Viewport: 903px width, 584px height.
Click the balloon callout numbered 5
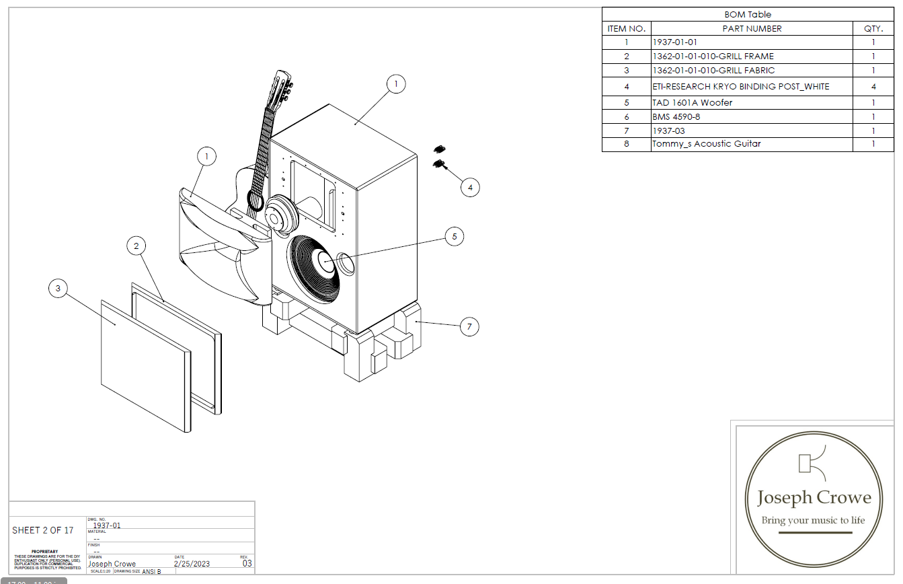[455, 236]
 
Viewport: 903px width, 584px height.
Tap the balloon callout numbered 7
[469, 327]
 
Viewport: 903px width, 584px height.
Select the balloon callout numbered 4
[470, 187]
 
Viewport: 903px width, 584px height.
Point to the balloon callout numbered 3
[58, 289]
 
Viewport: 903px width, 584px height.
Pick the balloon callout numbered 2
[136, 246]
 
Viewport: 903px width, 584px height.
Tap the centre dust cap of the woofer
[325, 262]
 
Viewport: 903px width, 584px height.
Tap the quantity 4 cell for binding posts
[873, 87]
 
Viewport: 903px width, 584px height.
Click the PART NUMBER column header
[752, 29]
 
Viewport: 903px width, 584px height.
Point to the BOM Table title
[748, 14]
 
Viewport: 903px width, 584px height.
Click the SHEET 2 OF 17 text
[43, 530]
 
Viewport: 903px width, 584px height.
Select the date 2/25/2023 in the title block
[192, 564]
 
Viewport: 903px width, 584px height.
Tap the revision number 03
[247, 564]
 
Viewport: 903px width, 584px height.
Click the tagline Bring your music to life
[813, 520]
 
